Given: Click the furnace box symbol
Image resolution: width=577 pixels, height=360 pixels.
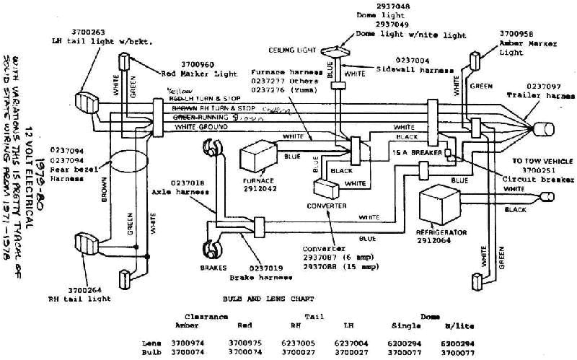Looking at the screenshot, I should tap(258, 155).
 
